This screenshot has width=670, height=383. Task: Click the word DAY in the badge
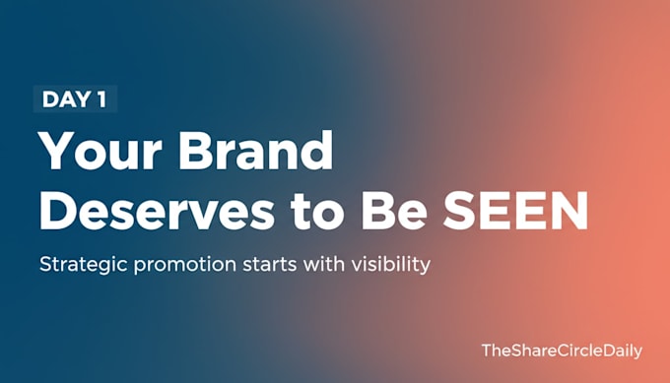[66, 99]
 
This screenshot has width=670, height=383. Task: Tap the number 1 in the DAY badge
[101, 99]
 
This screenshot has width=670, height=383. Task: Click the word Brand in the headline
[255, 150]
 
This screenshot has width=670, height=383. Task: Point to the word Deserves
[157, 210]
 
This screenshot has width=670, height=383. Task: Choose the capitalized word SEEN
[515, 210]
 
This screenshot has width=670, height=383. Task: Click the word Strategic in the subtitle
[84, 265]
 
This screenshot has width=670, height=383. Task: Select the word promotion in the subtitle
[185, 265]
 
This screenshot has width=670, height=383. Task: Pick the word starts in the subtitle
[270, 265]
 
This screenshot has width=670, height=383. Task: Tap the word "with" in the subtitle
[324, 264]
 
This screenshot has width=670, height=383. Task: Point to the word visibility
[391, 265]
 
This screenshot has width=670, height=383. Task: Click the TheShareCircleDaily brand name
[562, 351]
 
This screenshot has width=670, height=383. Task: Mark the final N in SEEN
[569, 210]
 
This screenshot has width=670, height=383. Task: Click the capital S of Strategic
[46, 264]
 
